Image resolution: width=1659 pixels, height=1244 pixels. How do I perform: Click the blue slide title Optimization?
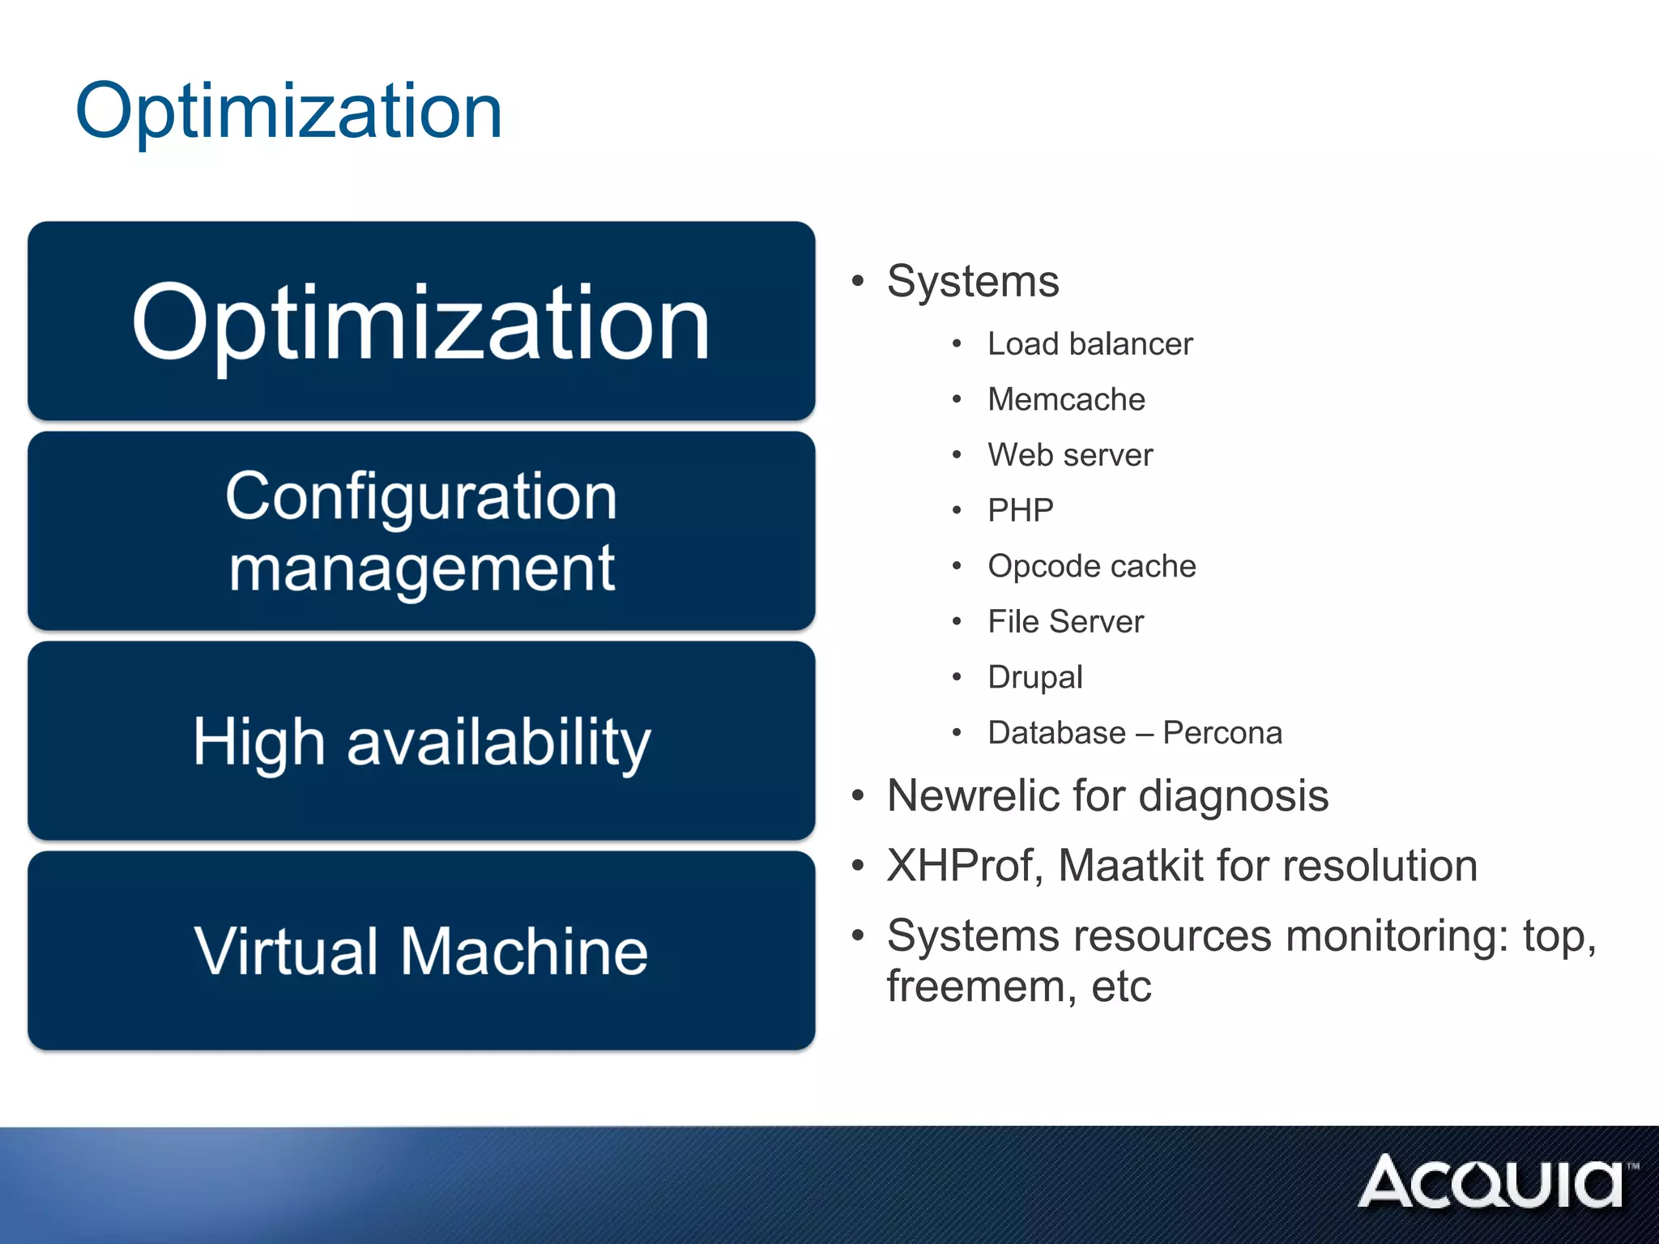point(288,111)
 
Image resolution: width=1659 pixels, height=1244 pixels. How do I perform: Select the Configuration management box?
point(421,531)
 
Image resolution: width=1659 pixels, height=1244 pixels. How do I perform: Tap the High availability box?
point(421,741)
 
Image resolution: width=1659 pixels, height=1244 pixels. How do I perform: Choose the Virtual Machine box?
point(421,951)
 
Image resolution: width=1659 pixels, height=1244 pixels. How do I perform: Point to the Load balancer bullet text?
point(1090,344)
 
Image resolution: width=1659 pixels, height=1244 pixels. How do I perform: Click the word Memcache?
point(1066,400)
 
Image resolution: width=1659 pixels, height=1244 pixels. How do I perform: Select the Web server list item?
point(1070,455)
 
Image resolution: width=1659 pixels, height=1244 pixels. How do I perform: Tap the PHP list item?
point(1020,511)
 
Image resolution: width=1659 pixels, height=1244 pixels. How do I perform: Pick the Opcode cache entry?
point(1091,566)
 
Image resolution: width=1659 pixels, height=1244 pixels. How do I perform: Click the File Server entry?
point(1065,622)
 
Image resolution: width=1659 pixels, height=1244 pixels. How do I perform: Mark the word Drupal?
point(1034,677)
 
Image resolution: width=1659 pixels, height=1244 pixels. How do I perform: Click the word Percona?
point(1222,733)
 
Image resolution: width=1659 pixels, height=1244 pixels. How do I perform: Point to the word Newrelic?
point(973,795)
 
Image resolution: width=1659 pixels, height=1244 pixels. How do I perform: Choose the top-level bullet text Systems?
point(973,282)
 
